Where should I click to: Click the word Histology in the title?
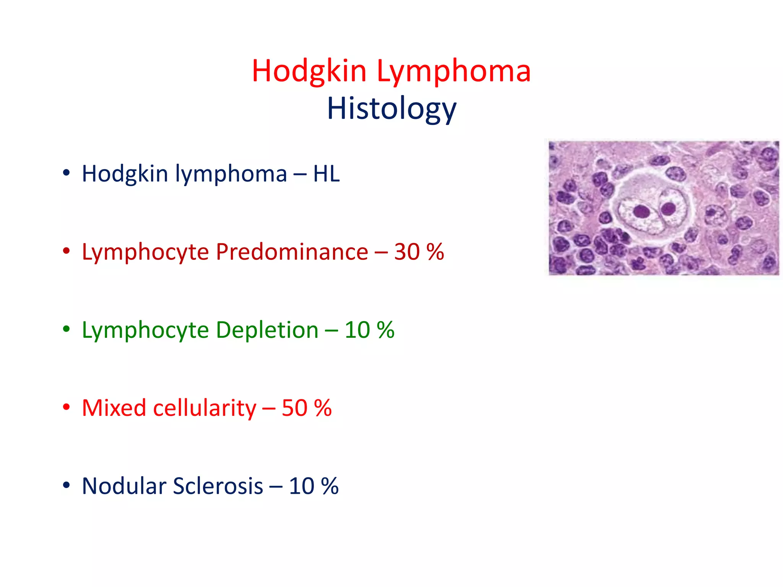pos(391,109)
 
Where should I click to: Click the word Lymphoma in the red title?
pos(454,71)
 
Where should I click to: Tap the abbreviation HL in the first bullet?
pos(326,174)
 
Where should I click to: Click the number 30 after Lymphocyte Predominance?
pos(407,252)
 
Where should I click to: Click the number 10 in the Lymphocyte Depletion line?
pos(357,330)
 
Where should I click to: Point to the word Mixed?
pos(114,408)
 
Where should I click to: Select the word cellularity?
pos(205,408)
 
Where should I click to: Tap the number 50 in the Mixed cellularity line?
pos(294,408)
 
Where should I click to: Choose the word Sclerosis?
pos(218,486)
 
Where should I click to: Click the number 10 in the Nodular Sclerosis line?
pos(302,486)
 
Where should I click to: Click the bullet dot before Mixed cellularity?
pos(67,407)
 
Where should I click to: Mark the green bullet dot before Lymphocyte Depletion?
pos(67,329)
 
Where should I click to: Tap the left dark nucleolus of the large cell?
pos(641,211)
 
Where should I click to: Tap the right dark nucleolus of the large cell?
pos(669,209)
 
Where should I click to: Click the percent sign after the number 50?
pos(323,408)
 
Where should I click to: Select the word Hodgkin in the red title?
pos(309,71)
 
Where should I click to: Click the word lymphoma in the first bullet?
pos(231,174)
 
